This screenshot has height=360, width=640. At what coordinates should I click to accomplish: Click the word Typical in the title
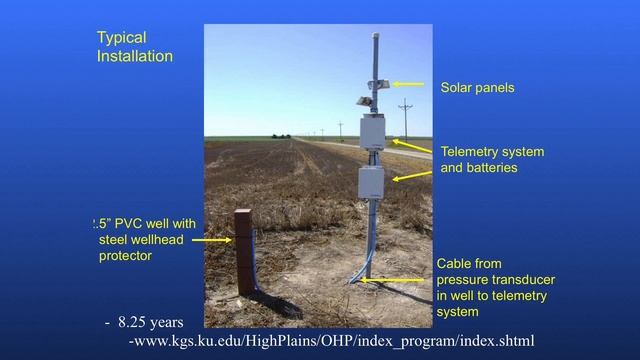121,38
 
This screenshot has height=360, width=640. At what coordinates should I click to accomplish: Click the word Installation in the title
134,56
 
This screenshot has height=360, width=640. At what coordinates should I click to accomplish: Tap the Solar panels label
477,88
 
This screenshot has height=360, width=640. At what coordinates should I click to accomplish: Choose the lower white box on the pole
371,182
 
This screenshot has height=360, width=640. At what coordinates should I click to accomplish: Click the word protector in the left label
125,256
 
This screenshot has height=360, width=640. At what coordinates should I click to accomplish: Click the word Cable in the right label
456,264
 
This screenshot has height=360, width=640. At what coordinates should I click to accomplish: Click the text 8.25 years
150,323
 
